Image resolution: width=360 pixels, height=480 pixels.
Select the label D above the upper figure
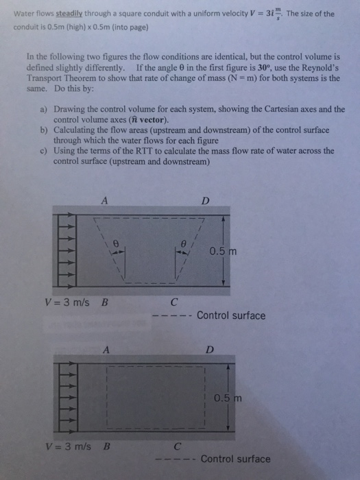point(204,200)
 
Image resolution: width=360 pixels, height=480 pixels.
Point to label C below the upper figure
point(174,301)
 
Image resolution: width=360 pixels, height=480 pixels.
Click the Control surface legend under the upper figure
point(230,315)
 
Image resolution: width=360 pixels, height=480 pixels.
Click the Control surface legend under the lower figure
point(235,459)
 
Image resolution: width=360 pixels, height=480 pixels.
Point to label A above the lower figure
point(106,348)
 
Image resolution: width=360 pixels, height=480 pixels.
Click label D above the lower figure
point(210,348)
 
